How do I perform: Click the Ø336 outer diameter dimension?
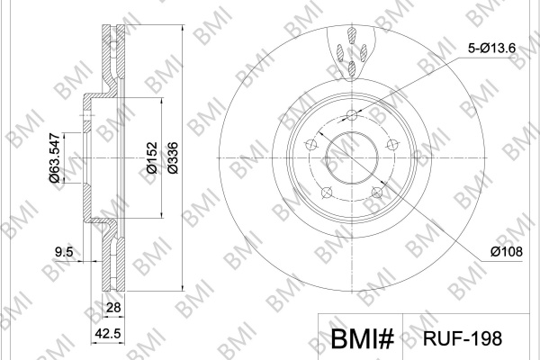coord(173,157)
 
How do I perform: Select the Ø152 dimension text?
coord(152,157)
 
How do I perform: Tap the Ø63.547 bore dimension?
coord(55,157)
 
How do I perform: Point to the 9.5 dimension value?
coord(65,252)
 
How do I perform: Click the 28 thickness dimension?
coord(113,307)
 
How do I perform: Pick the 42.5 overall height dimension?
coord(109,333)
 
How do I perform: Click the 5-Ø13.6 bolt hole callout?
coord(491,49)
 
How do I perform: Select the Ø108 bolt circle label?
coord(507,252)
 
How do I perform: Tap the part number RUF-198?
coord(463,338)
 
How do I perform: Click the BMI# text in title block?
coord(363,338)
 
